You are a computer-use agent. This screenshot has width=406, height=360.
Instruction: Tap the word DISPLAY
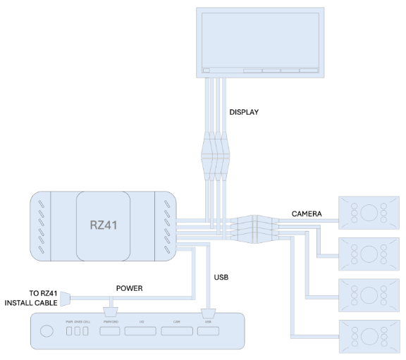pos(245,111)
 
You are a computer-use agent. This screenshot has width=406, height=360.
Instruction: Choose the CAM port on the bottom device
pos(177,330)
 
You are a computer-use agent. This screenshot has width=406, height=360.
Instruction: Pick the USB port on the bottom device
pos(208,330)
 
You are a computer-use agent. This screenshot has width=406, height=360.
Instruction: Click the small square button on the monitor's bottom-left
pos(206,70)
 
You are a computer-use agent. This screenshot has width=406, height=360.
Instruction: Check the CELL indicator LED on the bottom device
pos(87,331)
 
